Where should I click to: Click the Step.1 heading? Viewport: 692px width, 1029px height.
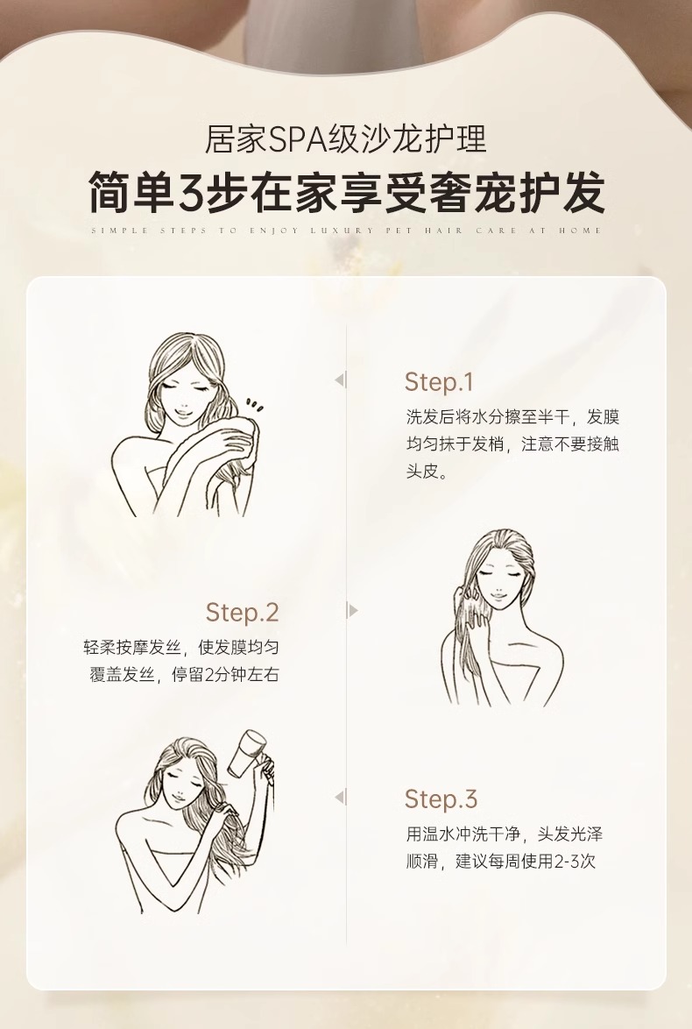438,383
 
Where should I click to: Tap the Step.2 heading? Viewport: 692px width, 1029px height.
242,613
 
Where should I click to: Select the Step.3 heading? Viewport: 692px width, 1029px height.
441,799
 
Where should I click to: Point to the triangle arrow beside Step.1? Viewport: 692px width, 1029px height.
340,380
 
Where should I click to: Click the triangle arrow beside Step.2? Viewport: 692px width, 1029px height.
352,611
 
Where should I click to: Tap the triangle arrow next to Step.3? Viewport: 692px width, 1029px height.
340,798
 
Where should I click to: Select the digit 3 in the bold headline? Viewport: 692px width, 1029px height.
192,192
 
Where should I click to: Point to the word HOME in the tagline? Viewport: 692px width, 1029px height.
580,231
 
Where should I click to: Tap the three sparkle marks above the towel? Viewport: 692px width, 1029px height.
255,405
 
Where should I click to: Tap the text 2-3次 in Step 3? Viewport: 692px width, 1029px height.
575,861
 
